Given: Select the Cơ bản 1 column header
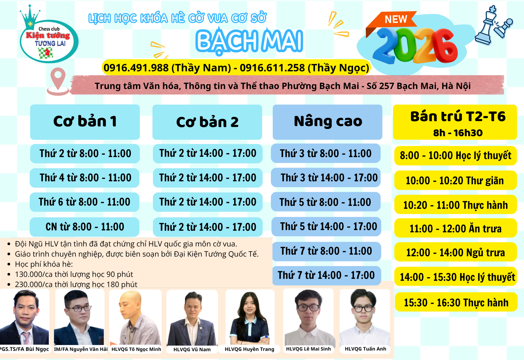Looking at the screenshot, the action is click(x=85, y=122).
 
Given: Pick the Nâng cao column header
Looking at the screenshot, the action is click(x=327, y=122).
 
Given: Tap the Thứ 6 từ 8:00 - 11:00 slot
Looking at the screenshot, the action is click(x=84, y=202).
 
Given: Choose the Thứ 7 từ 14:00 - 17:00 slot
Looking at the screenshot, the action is click(x=327, y=275).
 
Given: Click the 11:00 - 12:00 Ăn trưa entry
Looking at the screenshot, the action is click(x=456, y=228).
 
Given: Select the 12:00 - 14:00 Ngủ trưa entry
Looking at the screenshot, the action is click(x=456, y=252).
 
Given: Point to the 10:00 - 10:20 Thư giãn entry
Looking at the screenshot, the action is click(x=456, y=180).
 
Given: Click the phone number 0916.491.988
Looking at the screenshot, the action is click(x=136, y=68).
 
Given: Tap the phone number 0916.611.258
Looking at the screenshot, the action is click(x=272, y=68).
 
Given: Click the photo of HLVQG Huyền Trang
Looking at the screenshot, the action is click(x=250, y=317).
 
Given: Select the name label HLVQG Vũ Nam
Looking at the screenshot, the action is click(x=192, y=349).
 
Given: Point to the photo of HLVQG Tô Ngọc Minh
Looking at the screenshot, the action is click(x=136, y=317).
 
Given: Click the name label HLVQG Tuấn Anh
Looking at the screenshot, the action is click(x=365, y=349).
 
